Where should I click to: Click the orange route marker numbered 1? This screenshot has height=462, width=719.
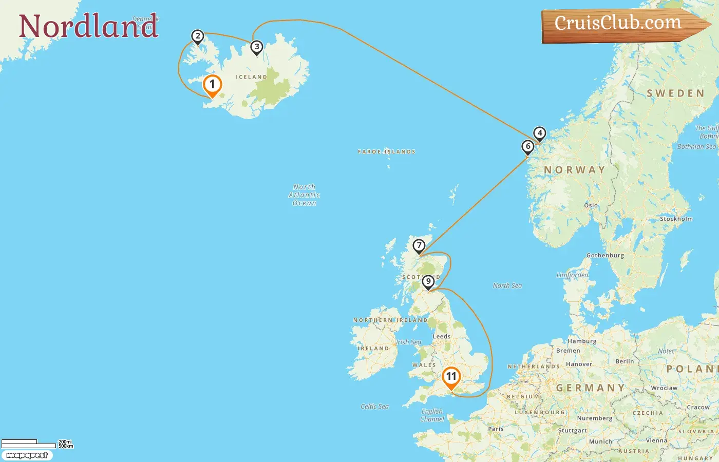click(x=212, y=85)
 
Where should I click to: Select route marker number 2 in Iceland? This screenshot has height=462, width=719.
click(x=197, y=36)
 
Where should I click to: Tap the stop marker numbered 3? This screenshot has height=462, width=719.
click(x=256, y=47)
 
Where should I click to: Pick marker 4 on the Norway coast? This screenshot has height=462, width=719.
click(x=539, y=133)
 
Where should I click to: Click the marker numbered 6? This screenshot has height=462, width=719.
click(x=527, y=147)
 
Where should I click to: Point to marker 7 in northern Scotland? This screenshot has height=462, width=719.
click(x=419, y=246)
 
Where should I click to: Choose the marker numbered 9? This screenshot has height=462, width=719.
click(x=428, y=282)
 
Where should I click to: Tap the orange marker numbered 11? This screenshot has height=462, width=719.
click(x=451, y=377)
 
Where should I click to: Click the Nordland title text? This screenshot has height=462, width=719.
click(x=88, y=26)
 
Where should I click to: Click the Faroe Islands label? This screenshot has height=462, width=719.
click(x=386, y=152)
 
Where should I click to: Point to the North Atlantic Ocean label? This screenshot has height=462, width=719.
click(x=304, y=195)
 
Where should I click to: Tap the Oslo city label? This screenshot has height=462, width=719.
click(x=591, y=205)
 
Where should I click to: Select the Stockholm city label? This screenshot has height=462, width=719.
click(x=676, y=219)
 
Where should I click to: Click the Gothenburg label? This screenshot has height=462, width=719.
click(x=605, y=255)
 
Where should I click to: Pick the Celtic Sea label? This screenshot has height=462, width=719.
click(x=374, y=407)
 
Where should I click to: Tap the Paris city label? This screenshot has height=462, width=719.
click(x=496, y=429)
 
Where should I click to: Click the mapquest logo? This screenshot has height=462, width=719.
click(x=27, y=455)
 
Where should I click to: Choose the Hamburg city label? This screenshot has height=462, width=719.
click(x=582, y=341)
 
